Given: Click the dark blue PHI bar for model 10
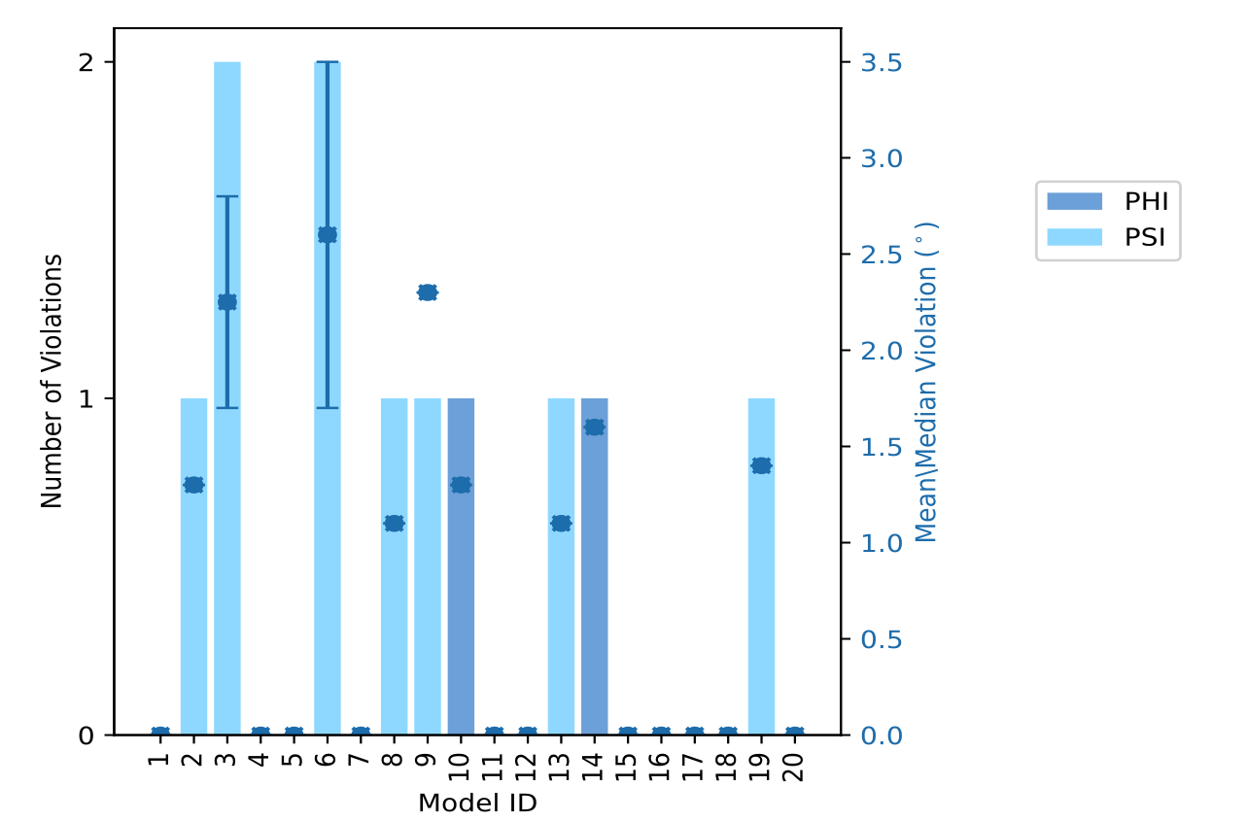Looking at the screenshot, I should click(461, 602).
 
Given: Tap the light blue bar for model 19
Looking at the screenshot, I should click(761, 602).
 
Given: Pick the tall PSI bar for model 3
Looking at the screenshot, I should click(226, 486).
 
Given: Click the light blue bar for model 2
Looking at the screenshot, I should click(193, 602).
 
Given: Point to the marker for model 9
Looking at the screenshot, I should click(428, 292).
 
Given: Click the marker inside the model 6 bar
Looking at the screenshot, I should click(328, 235).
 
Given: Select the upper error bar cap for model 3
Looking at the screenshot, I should click(226, 197).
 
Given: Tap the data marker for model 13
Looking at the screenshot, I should click(561, 524).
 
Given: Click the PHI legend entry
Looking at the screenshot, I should click(1107, 202).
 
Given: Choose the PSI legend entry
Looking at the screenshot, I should click(1107, 237).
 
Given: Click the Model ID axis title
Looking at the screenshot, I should click(477, 804).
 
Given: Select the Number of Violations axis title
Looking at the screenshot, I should click(52, 381).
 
